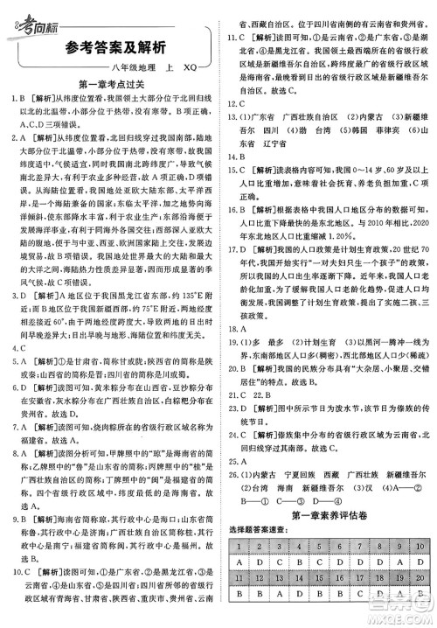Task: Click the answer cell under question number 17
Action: tap(358, 594)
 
